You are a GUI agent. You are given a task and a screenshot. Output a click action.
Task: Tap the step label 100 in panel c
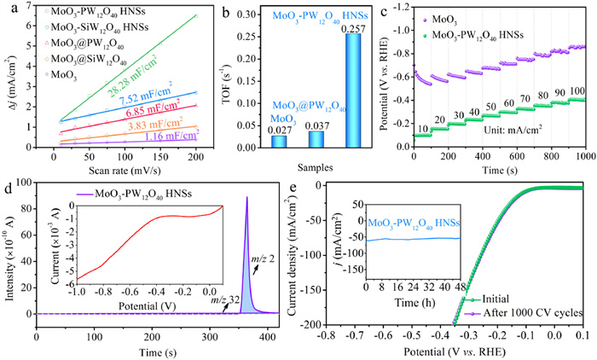point(577,91)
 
